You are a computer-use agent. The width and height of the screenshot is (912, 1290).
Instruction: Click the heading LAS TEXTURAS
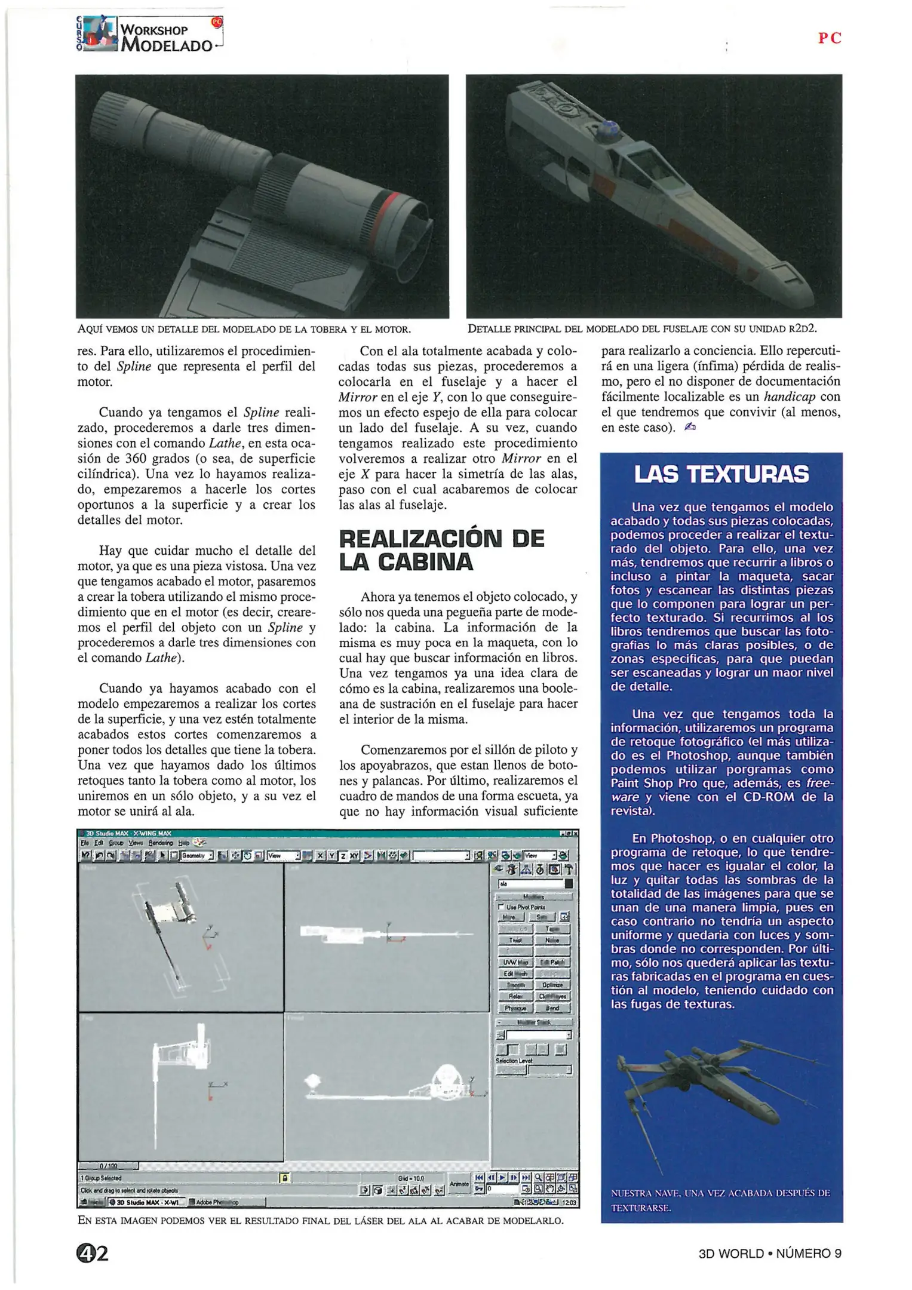[721, 474]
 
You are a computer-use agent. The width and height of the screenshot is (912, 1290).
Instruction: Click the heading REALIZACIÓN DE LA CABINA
[441, 550]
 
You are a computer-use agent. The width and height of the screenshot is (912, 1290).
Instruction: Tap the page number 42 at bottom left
[92, 1253]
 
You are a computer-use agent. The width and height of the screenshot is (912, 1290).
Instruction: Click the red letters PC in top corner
[830, 38]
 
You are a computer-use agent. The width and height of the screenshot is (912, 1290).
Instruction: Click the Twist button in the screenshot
[515, 939]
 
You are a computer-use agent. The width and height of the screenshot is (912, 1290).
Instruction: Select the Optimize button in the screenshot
[552, 984]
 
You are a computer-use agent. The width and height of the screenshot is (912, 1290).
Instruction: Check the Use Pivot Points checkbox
[502, 907]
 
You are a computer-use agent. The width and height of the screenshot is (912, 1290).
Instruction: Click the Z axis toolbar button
[343, 856]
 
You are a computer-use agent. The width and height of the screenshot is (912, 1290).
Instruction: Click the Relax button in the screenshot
[515, 996]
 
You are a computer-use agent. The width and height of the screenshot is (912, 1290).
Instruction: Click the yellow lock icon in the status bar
[285, 1178]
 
